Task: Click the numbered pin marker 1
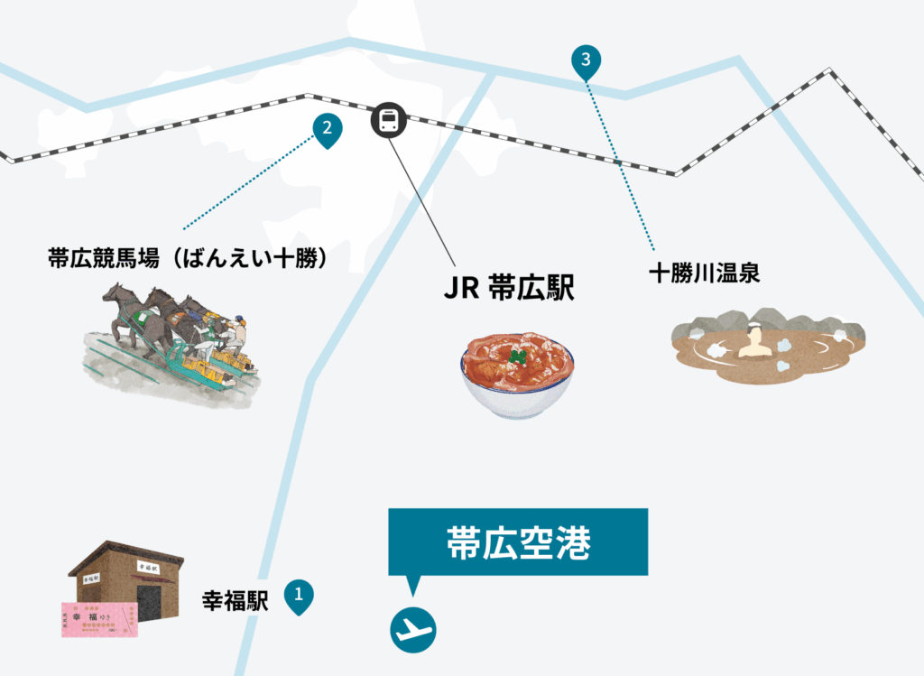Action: coord(299,595)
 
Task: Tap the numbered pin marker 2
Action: coord(327,128)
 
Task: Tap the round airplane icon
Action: coord(413,627)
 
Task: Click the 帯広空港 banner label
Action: coord(518,542)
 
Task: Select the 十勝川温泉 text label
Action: coord(704,273)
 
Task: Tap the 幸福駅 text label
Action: coord(236,600)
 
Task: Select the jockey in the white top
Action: coord(237,333)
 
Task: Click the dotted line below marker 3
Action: coord(620,162)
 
